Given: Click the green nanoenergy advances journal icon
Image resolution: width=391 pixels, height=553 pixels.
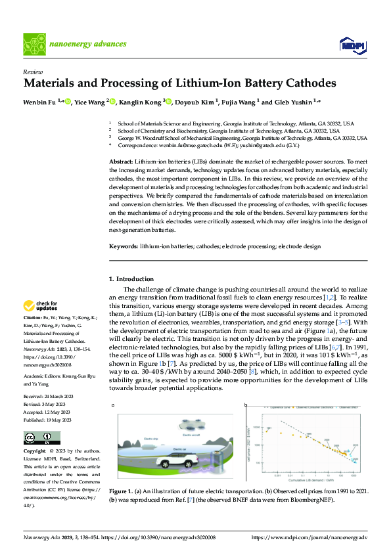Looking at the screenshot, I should pos(34,44).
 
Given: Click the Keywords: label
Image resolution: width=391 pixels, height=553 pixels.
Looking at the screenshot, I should pos(123,246).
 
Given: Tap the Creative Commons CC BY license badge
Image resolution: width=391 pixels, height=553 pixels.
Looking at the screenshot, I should pos(41,438).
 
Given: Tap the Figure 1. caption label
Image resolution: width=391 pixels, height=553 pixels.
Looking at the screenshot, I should pos(122,491).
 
